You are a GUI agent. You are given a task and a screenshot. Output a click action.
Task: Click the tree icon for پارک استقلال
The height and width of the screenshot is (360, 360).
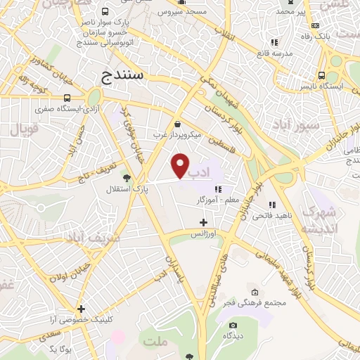coord(127,179)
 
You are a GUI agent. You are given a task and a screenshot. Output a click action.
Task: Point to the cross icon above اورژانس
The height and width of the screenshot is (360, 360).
coord(203,223)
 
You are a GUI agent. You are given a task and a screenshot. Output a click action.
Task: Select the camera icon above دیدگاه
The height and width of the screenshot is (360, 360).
coord(233,326)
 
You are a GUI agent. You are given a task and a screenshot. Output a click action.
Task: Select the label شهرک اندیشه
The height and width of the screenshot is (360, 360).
coord(319,220)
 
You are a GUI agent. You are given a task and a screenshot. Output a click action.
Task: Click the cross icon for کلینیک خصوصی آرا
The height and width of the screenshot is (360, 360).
coord(82,308)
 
